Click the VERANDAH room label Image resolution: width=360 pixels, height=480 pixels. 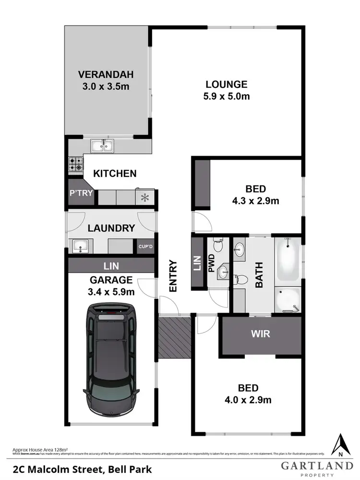(106, 75)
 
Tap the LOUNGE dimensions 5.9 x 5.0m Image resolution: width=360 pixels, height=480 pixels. (227, 96)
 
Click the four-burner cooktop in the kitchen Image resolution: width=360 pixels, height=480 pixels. (75, 164)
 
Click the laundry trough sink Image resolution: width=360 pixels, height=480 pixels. (79, 246)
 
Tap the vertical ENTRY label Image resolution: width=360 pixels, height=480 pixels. (173, 276)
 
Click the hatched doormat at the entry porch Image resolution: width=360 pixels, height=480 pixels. (174, 337)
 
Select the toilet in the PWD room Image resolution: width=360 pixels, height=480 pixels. (218, 246)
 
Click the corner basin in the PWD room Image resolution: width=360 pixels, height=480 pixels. (222, 272)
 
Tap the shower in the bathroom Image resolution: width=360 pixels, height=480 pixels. (288, 298)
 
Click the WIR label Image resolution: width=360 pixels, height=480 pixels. (261, 333)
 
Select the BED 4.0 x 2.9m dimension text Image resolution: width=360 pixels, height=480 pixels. (248, 399)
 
